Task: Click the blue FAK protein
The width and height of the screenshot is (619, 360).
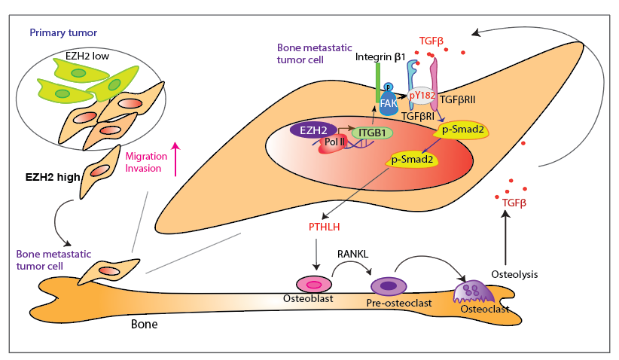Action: pos(389,102)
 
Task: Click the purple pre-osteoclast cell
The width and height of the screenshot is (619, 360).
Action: pos(389,286)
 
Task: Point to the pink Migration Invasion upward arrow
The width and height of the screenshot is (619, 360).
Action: pos(175,159)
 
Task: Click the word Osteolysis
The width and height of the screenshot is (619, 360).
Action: pos(515,274)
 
